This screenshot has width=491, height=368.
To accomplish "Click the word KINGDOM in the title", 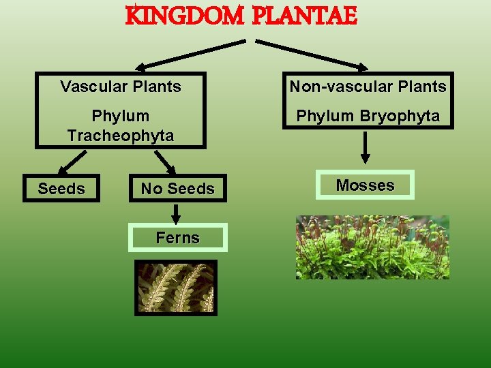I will point(185,16).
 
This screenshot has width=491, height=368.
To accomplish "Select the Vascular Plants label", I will point(121,87).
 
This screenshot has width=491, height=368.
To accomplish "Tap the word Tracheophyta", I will point(121,136).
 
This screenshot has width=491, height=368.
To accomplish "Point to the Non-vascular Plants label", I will point(368,87).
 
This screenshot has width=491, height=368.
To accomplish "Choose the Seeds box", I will point(61,188).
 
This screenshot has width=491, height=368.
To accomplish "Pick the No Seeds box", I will point(177,189).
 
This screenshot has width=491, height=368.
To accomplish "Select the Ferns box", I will point(177,238).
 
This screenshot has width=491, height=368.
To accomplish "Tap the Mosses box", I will point(365,185).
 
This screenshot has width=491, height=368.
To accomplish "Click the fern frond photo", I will point(176,287).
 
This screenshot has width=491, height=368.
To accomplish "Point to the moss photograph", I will point(372,247).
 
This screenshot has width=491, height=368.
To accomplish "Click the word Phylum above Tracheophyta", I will point(121,116).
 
